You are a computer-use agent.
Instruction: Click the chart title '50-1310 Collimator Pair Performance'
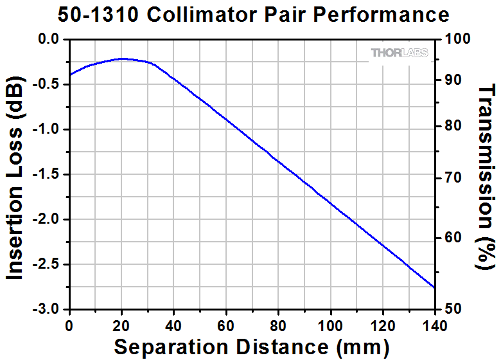[253, 15]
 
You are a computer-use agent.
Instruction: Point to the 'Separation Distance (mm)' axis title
[252, 347]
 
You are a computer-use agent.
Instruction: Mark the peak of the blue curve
[121, 59]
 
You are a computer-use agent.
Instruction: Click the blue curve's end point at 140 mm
[435, 287]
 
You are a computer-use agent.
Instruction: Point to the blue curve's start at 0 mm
[69, 75]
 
